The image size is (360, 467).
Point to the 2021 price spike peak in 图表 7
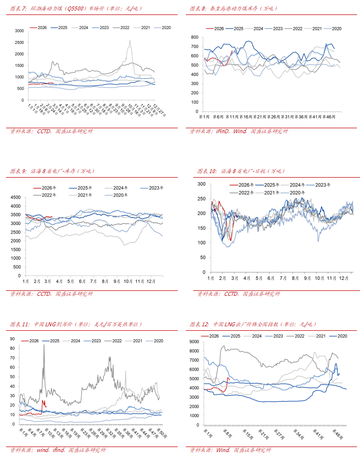click(130, 41)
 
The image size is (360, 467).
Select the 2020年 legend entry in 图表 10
click(297, 193)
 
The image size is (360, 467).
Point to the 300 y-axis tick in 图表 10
click(202, 184)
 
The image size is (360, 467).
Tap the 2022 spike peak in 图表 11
click(43, 345)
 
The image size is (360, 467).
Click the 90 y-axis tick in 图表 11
click(13, 339)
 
